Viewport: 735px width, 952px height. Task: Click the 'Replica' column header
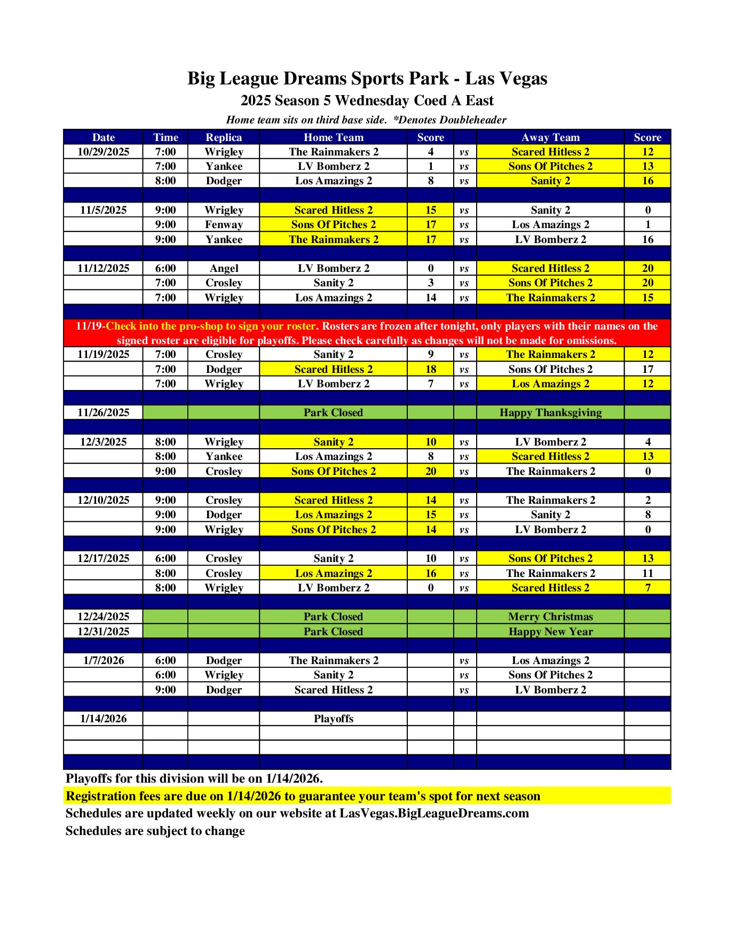[224, 137]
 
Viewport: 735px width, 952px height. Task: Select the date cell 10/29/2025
[103, 152]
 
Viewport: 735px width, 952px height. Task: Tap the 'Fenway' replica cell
[224, 224]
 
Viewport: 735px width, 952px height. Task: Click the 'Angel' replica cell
[224, 268]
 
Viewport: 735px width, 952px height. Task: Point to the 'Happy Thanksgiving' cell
[550, 412]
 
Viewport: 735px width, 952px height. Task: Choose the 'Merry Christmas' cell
[550, 617]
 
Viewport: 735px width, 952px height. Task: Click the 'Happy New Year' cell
[550, 631]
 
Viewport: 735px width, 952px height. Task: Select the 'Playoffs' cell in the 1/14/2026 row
[333, 719]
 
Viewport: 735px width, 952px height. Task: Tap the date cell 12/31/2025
[103, 631]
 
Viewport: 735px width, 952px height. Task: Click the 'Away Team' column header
[550, 137]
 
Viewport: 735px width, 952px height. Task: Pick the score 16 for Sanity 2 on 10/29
[647, 181]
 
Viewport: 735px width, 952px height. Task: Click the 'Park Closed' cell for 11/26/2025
[333, 412]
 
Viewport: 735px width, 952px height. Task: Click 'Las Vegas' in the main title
[506, 79]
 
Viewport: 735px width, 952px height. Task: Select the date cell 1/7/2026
[103, 660]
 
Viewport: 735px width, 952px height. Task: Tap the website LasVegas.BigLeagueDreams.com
[434, 813]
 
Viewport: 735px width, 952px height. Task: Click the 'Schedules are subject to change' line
[155, 831]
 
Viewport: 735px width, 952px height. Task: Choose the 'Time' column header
[165, 137]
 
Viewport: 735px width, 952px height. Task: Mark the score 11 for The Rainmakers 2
[647, 573]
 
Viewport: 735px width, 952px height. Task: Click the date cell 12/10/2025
[103, 500]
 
